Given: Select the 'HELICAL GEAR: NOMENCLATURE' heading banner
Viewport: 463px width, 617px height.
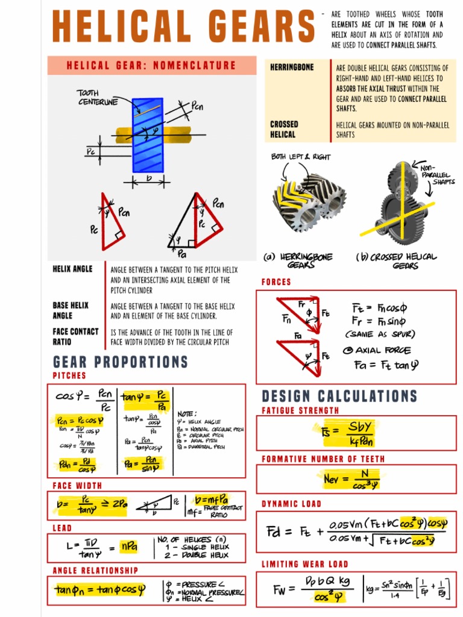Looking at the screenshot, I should tap(151, 66).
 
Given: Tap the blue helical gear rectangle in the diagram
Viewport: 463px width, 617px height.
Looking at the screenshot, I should tap(148, 136).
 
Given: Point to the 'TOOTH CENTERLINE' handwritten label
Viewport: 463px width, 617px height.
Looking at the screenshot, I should tap(97, 98).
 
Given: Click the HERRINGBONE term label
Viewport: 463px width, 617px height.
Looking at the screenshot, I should tap(292, 67).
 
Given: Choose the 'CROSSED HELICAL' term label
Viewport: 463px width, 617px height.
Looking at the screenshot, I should tap(284, 130).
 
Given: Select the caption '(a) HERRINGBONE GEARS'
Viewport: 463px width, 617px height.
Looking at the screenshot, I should tap(299, 261).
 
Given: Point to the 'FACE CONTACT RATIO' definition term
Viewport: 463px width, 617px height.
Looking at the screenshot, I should tap(75, 337).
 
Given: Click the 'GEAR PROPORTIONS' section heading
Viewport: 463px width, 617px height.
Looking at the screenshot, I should tap(121, 362).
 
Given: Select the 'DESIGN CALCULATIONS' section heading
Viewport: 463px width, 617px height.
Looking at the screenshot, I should tap(339, 396).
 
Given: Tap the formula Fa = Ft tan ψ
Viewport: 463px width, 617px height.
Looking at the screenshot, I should tap(386, 365).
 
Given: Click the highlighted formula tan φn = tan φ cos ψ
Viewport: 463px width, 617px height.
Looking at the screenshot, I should tap(99, 590).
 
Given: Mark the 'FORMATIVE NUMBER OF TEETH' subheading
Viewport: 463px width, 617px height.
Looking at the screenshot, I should tap(323, 459).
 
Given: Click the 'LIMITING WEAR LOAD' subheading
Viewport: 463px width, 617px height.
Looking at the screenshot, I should tap(305, 564).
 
